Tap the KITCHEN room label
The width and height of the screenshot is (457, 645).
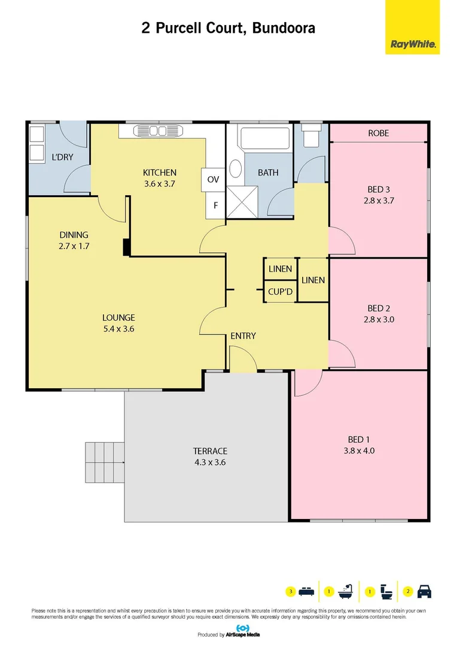(x=160, y=173)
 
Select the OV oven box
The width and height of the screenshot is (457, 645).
(x=214, y=179)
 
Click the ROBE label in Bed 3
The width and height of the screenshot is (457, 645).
(x=378, y=133)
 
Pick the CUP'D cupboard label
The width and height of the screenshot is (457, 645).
(x=280, y=292)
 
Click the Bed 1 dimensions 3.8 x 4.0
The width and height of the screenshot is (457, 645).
(x=361, y=451)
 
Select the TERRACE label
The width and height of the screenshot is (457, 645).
(x=209, y=451)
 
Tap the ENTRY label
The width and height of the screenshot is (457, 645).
(x=243, y=336)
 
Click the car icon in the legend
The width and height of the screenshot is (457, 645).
(x=424, y=592)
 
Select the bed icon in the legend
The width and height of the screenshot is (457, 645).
(x=306, y=592)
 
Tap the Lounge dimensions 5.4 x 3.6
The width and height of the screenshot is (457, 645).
(x=118, y=328)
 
